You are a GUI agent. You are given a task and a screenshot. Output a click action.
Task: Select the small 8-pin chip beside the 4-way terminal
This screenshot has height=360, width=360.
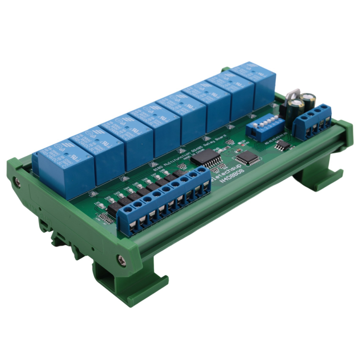pyautogui.click(x=283, y=145)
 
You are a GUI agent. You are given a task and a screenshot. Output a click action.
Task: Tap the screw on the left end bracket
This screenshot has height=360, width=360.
pyautogui.click(x=17, y=181)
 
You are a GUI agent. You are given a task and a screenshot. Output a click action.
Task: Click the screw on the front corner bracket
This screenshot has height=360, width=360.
pyautogui.click(x=121, y=260)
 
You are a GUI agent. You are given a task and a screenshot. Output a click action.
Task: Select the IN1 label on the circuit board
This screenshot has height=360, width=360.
pyautogui.click(x=97, y=203)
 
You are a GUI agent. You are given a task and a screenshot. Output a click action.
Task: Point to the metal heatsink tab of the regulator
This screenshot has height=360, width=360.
pyautogui.click(x=293, y=94)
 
